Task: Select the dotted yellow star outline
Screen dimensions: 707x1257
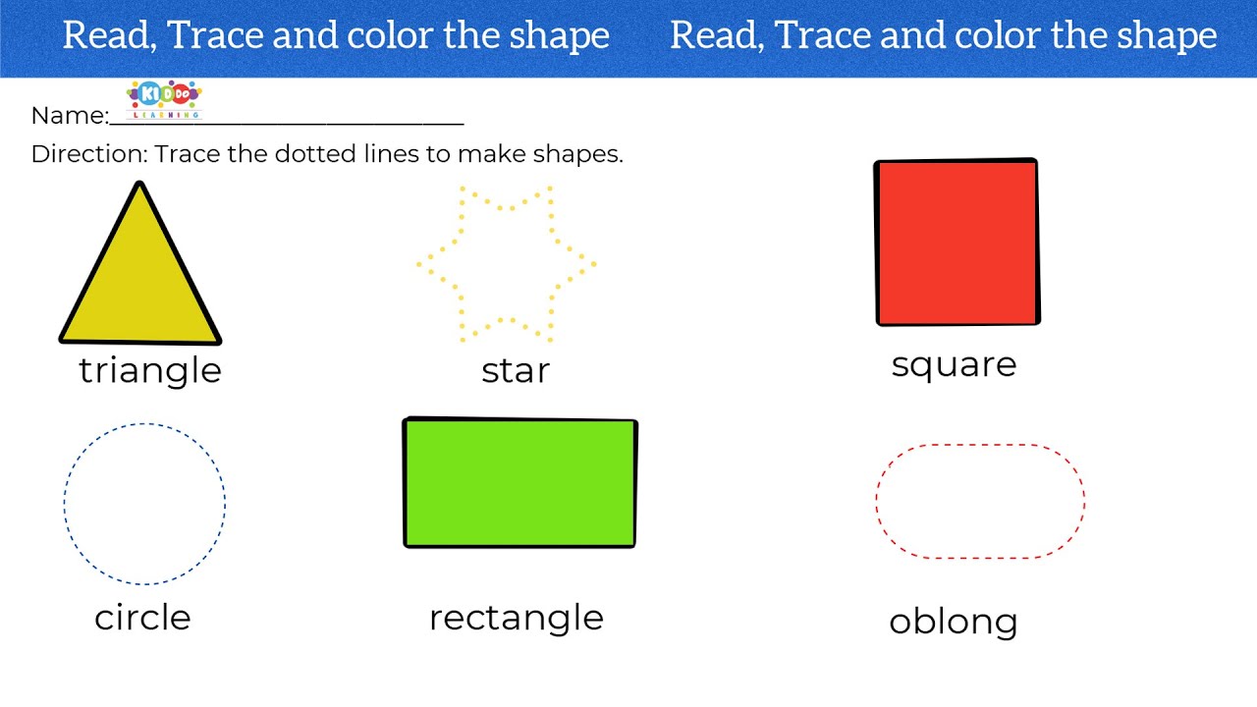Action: click(x=506, y=264)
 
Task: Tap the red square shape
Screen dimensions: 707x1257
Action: click(x=956, y=243)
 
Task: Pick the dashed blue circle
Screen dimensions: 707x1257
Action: click(x=144, y=504)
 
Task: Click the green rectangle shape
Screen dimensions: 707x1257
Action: click(x=519, y=482)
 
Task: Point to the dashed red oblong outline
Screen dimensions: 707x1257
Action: click(x=980, y=502)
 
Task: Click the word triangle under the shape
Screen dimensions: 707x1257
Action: click(x=150, y=371)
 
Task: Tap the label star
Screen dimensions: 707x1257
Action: click(x=516, y=371)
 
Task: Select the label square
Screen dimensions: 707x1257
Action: click(x=954, y=365)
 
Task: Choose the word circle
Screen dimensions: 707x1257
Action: click(x=142, y=618)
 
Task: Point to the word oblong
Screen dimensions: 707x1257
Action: click(x=953, y=622)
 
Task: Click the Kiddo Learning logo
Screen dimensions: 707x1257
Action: click(x=164, y=99)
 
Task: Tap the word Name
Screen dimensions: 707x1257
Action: click(x=68, y=116)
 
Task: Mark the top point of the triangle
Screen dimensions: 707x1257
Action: click(x=139, y=186)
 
